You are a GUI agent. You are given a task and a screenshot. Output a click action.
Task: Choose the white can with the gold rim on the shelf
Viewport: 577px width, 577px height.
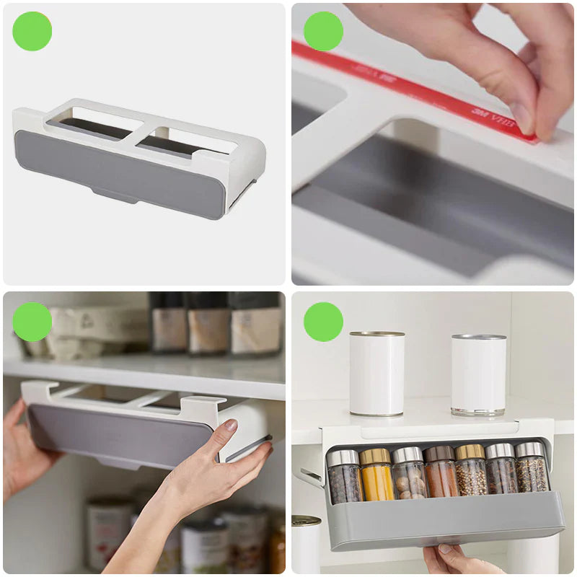(376, 374)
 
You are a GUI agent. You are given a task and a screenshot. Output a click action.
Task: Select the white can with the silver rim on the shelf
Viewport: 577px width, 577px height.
(478, 375)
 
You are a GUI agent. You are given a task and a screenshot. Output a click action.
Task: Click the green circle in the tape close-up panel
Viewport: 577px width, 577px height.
(323, 32)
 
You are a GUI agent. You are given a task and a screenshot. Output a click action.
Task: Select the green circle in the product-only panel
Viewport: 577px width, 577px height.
(32, 32)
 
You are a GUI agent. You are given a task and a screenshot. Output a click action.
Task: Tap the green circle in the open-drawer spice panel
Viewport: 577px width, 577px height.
(323, 322)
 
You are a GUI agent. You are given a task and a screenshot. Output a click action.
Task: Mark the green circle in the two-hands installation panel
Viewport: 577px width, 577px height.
(32, 322)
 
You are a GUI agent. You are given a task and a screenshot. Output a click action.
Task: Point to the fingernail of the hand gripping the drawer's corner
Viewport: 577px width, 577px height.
(230, 426)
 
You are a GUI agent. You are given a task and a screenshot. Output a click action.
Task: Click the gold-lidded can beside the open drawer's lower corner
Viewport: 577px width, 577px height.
(307, 545)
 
